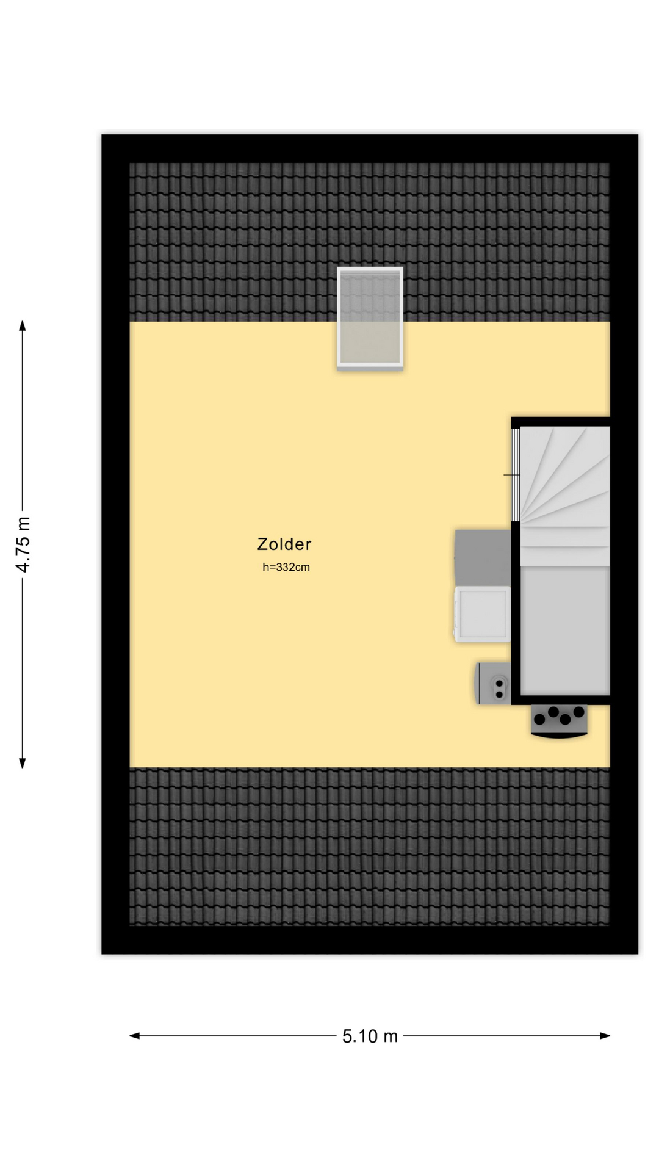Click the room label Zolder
[284, 544]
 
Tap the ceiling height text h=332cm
[286, 567]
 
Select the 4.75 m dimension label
[23, 544]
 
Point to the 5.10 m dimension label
[370, 1036]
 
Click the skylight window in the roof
[370, 318]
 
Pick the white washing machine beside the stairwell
[482, 614]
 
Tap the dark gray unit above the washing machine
[483, 557]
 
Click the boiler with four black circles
[559, 721]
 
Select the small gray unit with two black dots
[493, 683]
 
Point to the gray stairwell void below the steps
[565, 631]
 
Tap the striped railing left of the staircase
[516, 474]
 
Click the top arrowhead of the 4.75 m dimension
[23, 326]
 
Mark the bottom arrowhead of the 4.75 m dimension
[23, 762]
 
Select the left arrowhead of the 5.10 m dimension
[135, 1035]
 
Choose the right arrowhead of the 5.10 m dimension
[605, 1035]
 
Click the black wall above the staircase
[561, 422]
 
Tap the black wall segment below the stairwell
[561, 700]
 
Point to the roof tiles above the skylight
[370, 214]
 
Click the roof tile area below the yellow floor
[370, 847]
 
